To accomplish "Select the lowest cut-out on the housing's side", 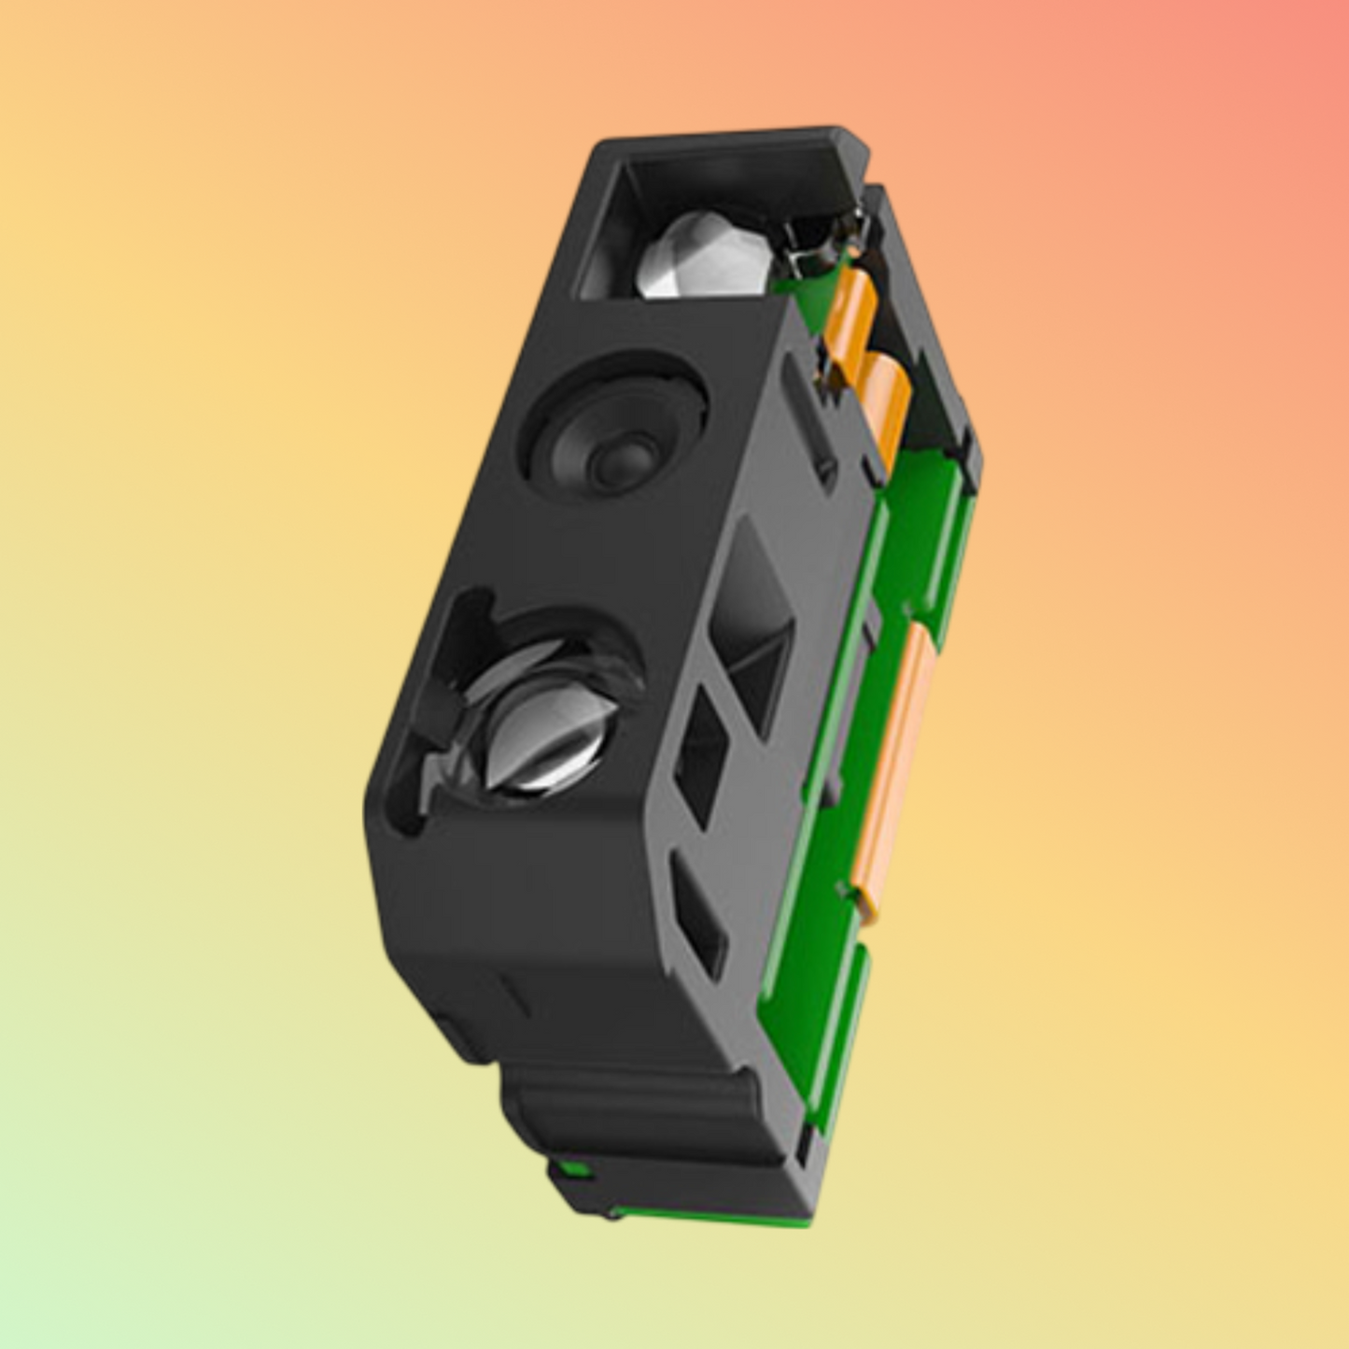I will pos(698,920).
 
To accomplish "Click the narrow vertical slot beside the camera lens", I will pos(808,415).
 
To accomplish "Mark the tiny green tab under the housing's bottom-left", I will pos(571,1169).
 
